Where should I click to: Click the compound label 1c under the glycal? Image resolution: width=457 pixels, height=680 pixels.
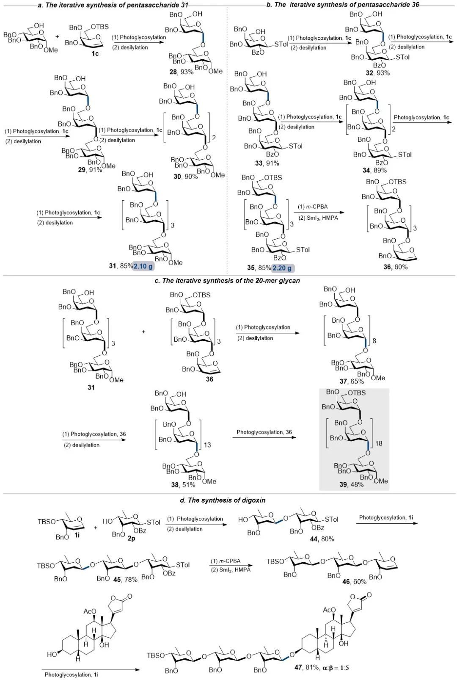(95, 54)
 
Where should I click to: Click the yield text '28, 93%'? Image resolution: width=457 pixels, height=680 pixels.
(181, 72)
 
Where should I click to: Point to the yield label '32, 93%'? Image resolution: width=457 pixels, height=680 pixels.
(377, 73)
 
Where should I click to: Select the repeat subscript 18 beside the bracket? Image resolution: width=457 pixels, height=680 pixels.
(379, 443)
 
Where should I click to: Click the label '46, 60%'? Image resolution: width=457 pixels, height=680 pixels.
(354, 582)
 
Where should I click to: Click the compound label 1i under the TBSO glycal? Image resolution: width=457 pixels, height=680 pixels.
(78, 536)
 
